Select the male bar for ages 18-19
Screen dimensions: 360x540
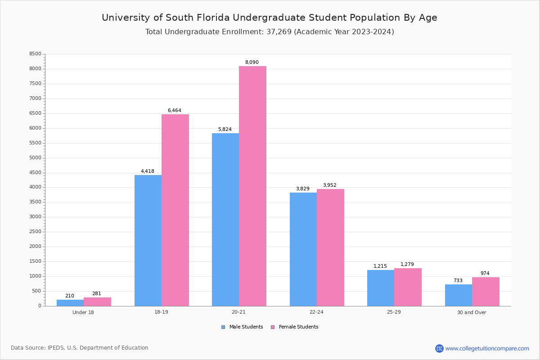pos(148,240)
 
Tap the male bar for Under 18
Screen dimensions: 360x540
pos(70,303)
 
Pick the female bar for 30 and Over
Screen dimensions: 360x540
pos(486,292)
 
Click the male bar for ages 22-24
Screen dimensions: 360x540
pos(303,249)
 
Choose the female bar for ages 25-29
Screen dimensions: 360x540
pos(408,287)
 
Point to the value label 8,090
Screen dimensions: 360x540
pos(252,62)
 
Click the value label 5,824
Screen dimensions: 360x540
pos(225,129)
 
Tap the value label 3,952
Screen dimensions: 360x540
pos(329,185)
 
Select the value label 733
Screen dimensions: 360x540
pos(458,280)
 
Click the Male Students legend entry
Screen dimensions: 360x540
pos(246,327)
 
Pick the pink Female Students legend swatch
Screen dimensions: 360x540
pos(273,327)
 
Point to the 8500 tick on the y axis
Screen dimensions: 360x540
pos(35,54)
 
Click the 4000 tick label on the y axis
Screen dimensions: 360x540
pos(35,187)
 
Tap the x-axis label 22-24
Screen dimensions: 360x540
pos(316,312)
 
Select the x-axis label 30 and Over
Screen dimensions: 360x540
pos(472,312)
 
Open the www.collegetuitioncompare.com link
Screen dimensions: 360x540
pos(487,348)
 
